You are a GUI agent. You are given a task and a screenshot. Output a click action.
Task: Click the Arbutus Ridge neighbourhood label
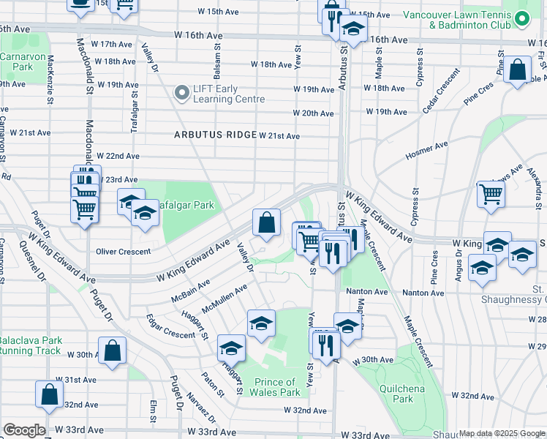click(214, 135)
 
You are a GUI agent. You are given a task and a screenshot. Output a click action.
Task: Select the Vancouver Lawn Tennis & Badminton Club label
click(467, 20)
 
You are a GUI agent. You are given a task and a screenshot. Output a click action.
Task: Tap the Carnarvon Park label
click(17, 61)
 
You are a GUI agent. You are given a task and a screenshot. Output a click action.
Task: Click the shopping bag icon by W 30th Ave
click(113, 350)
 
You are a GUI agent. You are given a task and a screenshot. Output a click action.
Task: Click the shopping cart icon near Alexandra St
click(491, 195)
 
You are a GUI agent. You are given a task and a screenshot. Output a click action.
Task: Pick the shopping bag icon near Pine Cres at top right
click(517, 70)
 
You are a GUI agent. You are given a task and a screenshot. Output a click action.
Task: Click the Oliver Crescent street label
click(124, 251)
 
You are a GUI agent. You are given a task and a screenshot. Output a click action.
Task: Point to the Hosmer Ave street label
click(426, 151)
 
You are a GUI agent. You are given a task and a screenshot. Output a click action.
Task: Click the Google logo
click(24, 430)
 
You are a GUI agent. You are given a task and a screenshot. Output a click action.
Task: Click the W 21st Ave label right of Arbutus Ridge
click(279, 136)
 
